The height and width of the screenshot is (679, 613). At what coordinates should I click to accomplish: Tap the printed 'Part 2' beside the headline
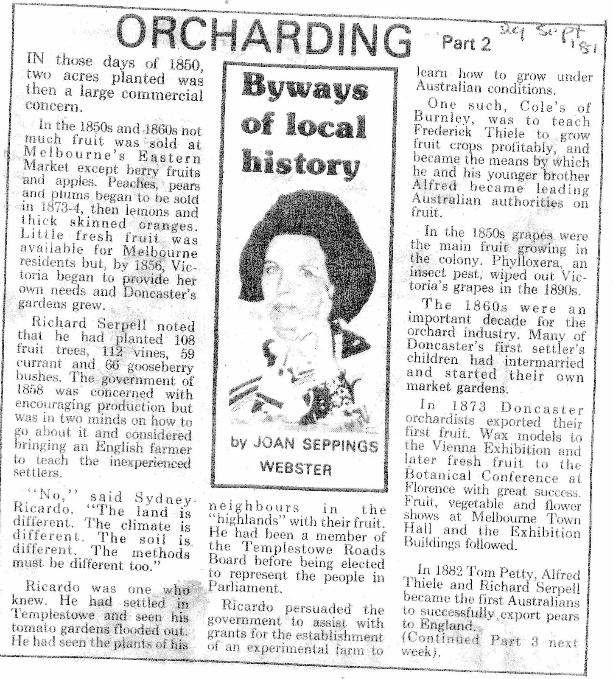[466, 43]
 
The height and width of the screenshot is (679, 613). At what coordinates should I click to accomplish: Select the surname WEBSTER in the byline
[296, 469]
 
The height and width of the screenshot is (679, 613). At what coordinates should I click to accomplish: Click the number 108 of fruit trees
[183, 339]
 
